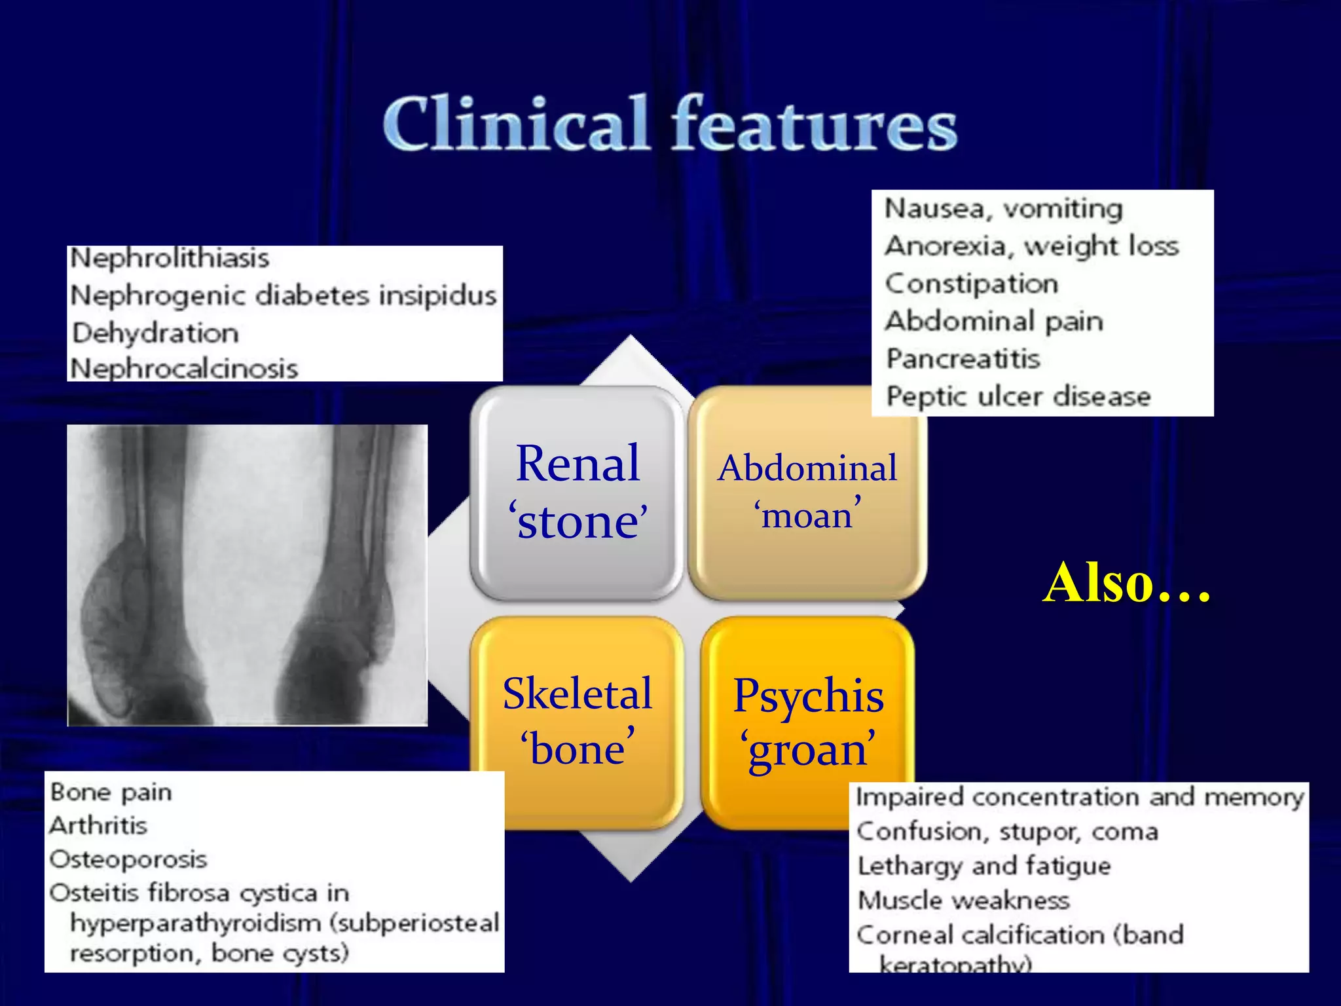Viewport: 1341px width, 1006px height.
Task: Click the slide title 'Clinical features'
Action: [669, 123]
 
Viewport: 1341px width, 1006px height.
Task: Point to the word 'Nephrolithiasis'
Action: [170, 258]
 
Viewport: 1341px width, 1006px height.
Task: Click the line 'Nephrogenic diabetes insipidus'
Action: [284, 295]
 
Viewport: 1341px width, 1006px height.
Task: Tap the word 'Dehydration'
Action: [155, 333]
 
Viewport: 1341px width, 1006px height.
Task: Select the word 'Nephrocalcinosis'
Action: [184, 368]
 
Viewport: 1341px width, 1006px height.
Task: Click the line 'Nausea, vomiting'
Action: [1003, 209]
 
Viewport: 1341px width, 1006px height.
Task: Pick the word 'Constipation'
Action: [972, 284]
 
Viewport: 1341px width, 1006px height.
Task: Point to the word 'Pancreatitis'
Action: [963, 359]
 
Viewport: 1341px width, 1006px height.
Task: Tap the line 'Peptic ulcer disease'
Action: [1018, 396]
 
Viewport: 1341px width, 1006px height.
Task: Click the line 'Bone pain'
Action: [111, 792]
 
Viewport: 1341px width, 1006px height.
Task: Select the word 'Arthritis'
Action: [98, 825]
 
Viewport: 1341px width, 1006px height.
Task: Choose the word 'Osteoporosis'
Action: [128, 859]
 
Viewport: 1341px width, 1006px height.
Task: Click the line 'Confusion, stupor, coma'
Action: [1008, 832]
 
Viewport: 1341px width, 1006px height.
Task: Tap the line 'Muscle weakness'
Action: [964, 901]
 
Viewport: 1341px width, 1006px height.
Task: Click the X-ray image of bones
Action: [247, 575]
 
